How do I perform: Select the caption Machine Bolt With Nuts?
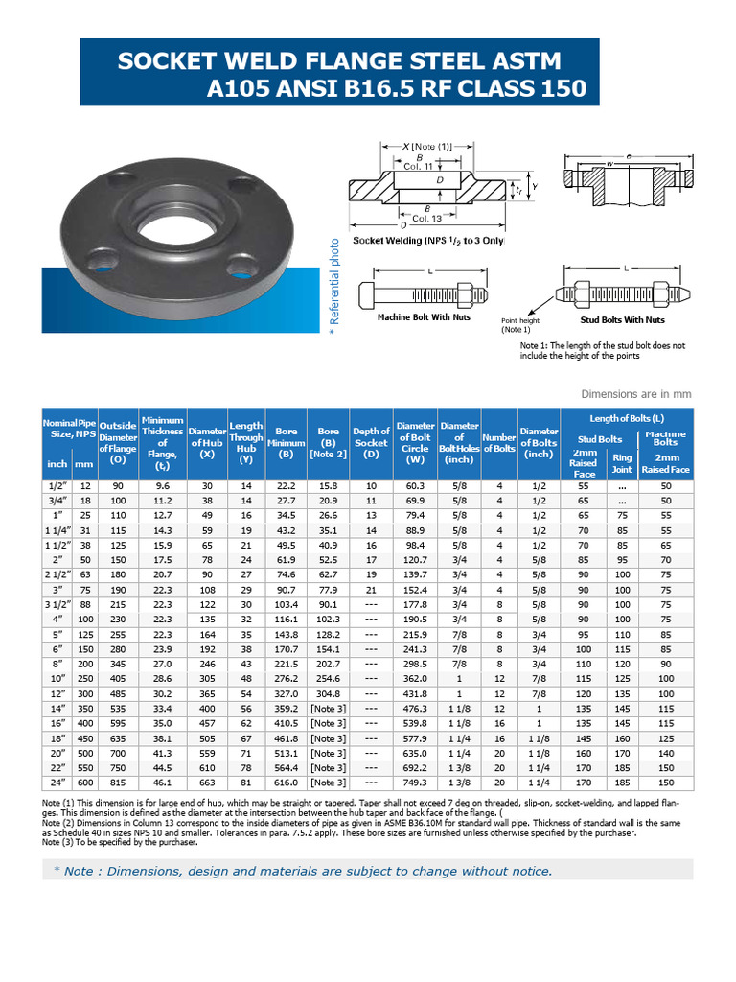click(425, 317)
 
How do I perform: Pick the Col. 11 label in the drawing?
click(419, 167)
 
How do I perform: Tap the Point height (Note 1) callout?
click(521, 325)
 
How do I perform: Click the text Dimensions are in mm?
click(662, 394)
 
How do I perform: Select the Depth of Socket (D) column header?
click(371, 443)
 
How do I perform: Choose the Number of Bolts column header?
click(499, 443)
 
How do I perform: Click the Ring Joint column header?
click(622, 464)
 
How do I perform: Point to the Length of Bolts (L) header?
click(627, 417)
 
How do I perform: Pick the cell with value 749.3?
click(415, 783)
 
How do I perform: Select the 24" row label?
click(57, 783)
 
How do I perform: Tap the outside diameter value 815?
click(118, 783)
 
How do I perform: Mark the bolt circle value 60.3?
click(415, 486)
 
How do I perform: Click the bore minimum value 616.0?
click(286, 783)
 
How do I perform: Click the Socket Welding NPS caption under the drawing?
click(428, 241)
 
